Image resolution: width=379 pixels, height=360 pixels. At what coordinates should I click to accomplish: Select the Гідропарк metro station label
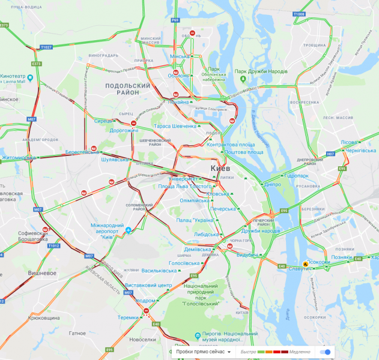(x=296, y=175)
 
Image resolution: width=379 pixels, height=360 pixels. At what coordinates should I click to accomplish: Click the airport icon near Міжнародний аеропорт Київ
(x=129, y=230)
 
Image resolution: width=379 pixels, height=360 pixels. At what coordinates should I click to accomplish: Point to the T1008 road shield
(x=299, y=14)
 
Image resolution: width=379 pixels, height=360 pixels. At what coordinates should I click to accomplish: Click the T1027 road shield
(x=46, y=46)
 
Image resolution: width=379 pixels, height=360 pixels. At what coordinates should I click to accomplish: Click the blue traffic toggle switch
(x=326, y=352)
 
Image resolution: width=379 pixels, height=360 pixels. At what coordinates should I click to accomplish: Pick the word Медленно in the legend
(x=299, y=352)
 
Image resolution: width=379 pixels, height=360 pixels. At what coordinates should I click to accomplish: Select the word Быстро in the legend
(x=249, y=352)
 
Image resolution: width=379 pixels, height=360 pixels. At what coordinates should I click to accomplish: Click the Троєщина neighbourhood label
(x=314, y=45)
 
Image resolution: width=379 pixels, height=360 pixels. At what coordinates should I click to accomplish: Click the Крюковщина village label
(x=44, y=317)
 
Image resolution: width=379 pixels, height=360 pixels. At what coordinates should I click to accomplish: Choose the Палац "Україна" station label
(x=195, y=220)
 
